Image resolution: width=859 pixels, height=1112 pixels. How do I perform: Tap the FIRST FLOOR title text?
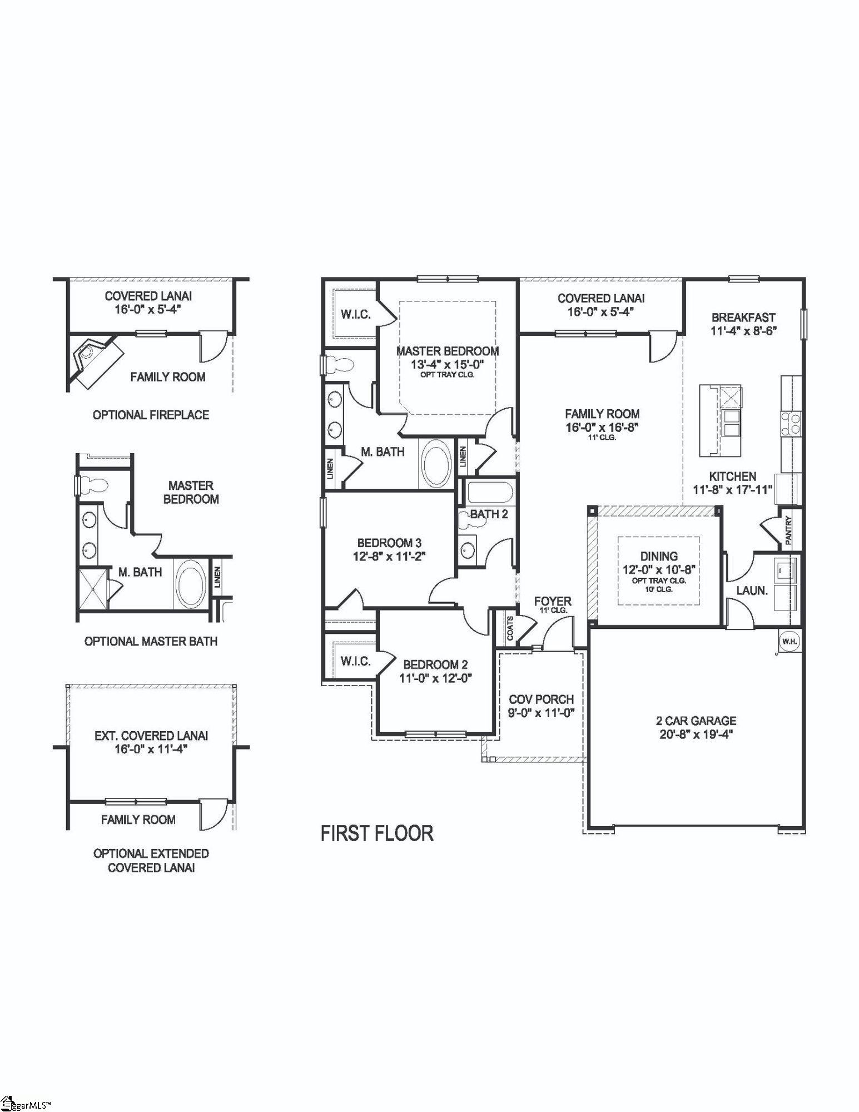point(377,833)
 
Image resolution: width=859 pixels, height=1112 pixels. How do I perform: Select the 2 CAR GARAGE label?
point(696,721)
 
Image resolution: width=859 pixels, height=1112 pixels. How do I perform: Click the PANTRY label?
point(788,530)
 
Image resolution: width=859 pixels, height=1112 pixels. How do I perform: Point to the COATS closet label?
point(510,627)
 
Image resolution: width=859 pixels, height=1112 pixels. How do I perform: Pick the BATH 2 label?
point(489,514)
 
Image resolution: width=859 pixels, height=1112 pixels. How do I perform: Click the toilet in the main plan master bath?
point(340,365)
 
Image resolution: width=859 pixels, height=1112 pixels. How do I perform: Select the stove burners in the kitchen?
point(791,423)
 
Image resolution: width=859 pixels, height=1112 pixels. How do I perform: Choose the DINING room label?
point(659,556)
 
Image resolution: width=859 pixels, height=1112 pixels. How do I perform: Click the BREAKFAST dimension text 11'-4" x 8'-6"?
point(743,331)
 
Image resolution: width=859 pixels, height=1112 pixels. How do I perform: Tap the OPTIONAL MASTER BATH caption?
point(151,641)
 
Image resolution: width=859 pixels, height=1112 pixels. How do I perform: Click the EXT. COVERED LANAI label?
point(151,736)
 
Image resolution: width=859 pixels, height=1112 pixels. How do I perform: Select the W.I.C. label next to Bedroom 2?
point(355,661)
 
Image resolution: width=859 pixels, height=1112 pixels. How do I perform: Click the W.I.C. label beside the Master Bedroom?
point(355,315)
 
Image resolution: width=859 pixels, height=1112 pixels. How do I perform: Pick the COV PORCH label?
point(542,699)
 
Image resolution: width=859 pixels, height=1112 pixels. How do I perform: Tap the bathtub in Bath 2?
point(488,492)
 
